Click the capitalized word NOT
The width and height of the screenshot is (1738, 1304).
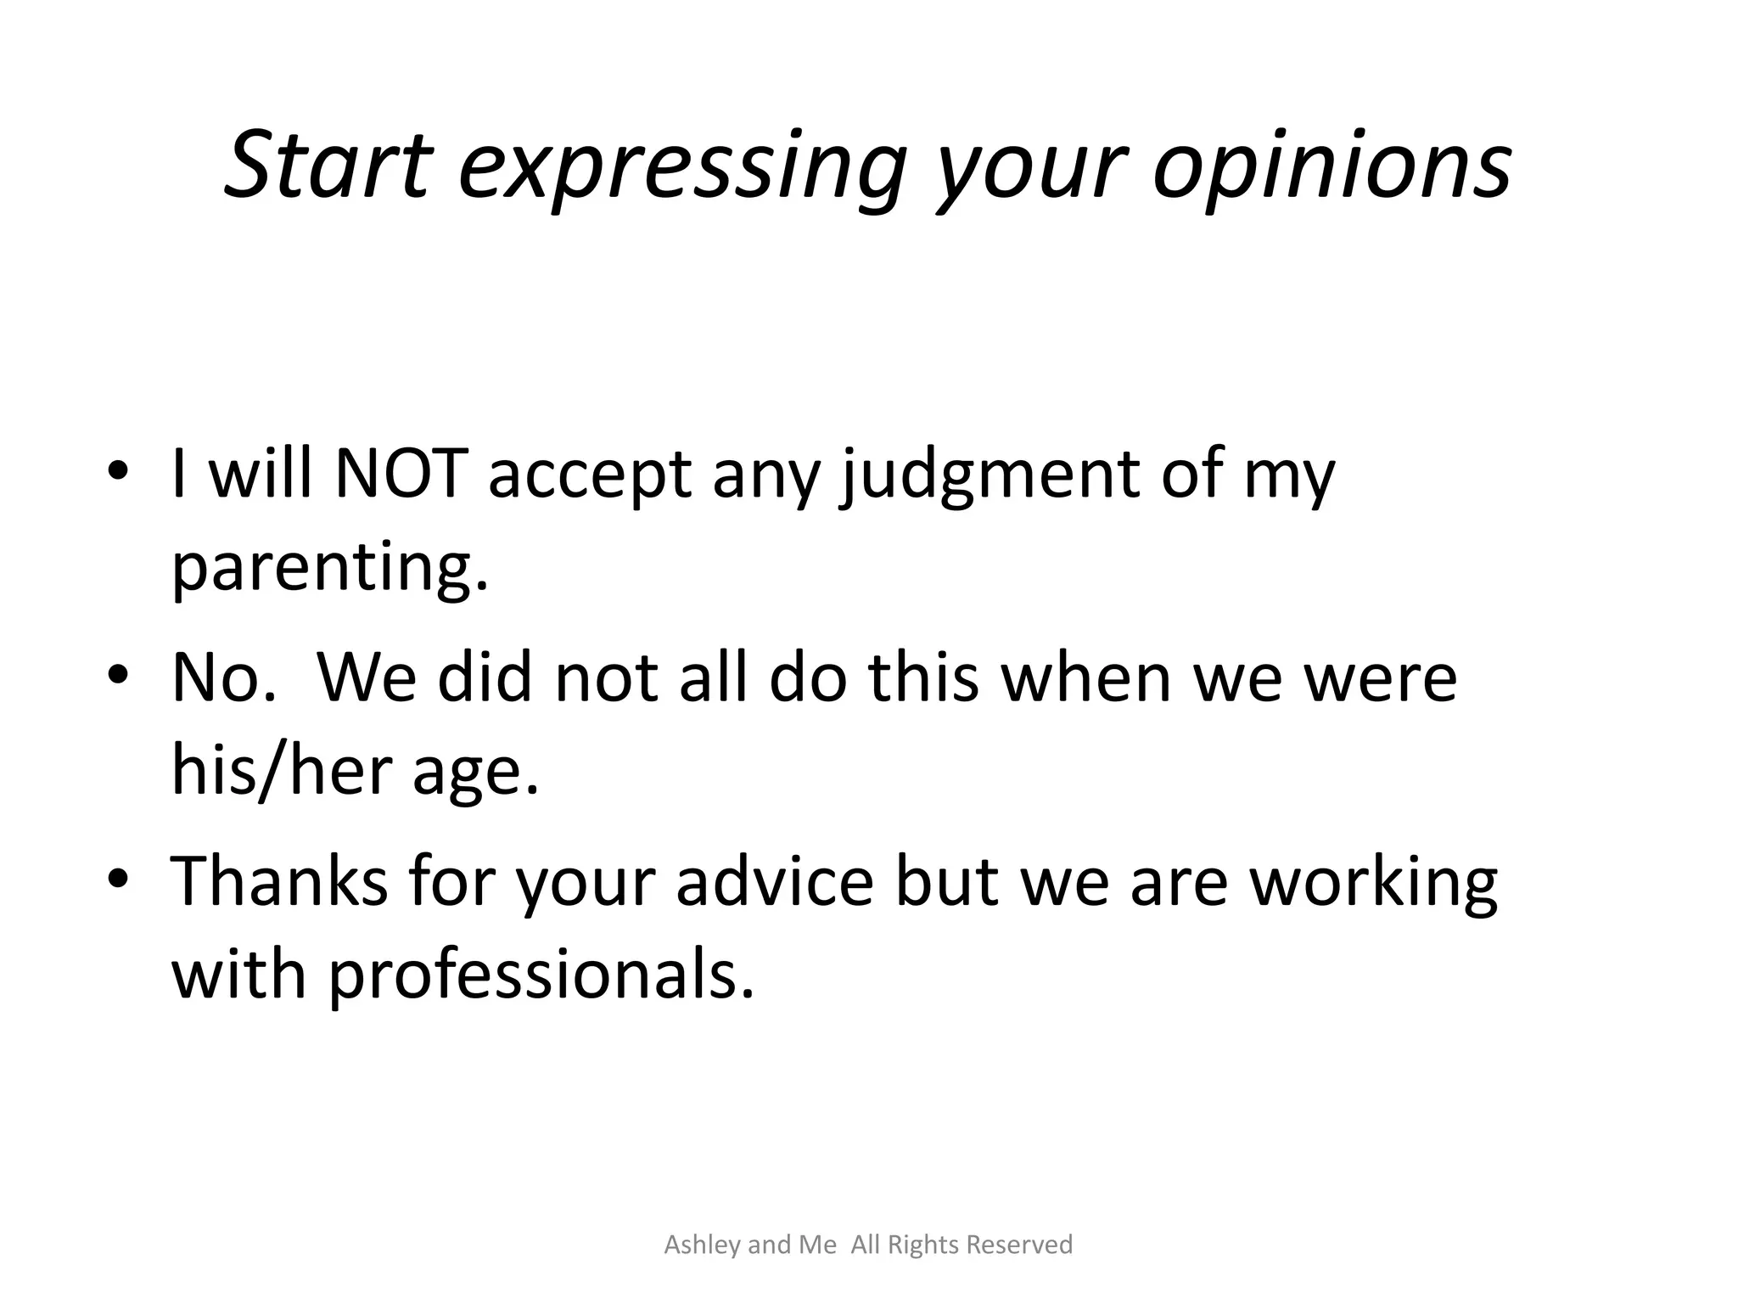coord(401,473)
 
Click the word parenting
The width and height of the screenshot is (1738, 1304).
coord(330,569)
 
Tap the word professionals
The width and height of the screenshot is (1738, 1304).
coord(541,976)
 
